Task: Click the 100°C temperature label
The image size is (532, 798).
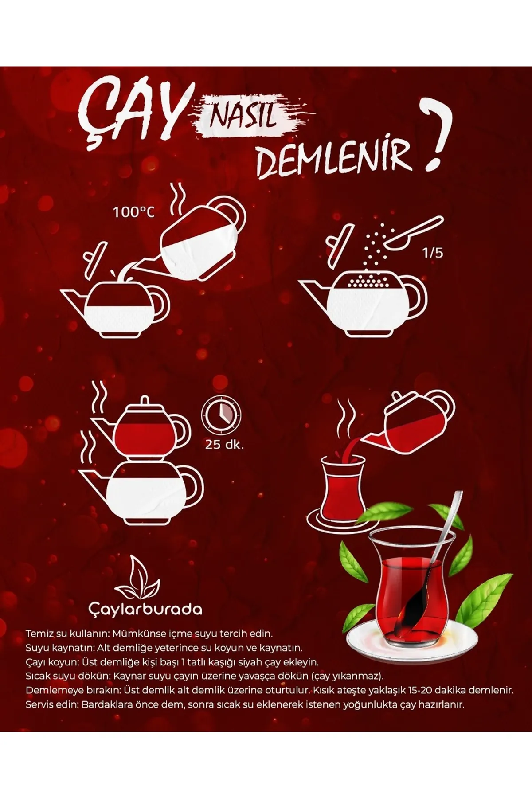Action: pyautogui.click(x=133, y=212)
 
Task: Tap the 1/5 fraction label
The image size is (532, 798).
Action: pyautogui.click(x=433, y=254)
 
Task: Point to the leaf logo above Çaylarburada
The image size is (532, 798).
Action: pyautogui.click(x=137, y=576)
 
